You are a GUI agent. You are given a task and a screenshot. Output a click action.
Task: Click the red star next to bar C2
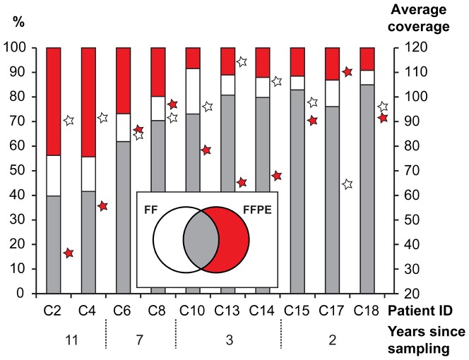[x=69, y=253]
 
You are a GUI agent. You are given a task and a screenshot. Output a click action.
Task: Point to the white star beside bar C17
[x=347, y=184]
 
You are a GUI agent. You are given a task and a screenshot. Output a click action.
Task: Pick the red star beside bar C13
[x=242, y=182]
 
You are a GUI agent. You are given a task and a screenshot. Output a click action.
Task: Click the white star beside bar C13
[x=242, y=62]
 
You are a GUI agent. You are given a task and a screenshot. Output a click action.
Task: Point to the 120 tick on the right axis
[x=412, y=47]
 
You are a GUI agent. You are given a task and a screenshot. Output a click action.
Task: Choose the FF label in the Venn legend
[x=150, y=210]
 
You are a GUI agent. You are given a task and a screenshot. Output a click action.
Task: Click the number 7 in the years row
[x=141, y=338]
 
